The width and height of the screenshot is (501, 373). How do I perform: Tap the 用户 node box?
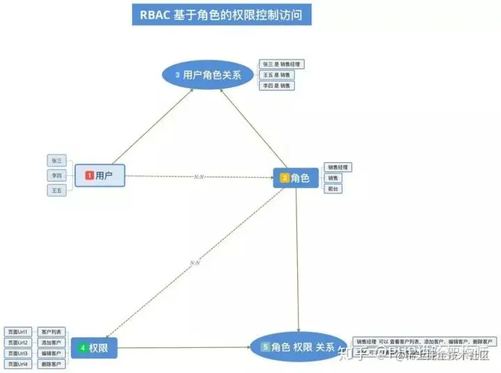[x=99, y=176]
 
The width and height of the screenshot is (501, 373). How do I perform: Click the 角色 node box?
[x=295, y=178]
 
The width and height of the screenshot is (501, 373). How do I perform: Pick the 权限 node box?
[x=94, y=347]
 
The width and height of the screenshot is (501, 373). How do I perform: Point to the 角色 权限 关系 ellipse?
[x=298, y=347]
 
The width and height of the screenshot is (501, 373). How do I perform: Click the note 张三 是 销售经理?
[x=282, y=64]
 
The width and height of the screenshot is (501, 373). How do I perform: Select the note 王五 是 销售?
[x=276, y=74]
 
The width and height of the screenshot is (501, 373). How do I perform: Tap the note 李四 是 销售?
[x=276, y=86]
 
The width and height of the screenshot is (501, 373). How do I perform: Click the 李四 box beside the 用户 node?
[x=56, y=175]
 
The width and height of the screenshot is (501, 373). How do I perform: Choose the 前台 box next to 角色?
[x=333, y=189]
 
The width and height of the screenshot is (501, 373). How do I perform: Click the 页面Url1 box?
[x=17, y=332]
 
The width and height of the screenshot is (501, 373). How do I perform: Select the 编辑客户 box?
[x=51, y=354]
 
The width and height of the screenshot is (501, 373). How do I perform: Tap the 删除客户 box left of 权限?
[x=51, y=364]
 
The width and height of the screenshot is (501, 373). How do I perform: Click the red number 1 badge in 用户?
[x=89, y=176]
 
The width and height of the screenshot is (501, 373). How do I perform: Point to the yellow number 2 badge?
[x=285, y=178]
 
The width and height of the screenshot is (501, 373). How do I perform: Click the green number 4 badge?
[x=83, y=347]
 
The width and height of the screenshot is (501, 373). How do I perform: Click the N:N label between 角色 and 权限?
[x=195, y=262]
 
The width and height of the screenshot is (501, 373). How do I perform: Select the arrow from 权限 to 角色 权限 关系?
[x=184, y=347]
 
